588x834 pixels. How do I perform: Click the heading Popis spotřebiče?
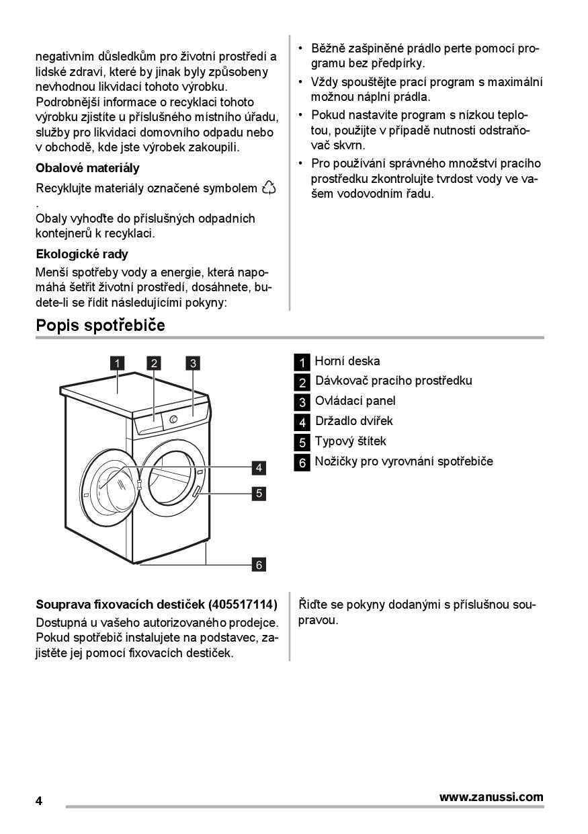[x=100, y=326]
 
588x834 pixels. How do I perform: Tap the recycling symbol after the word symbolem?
[x=269, y=188]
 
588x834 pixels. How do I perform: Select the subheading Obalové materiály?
[x=87, y=168]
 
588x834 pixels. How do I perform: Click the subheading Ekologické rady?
[x=81, y=254]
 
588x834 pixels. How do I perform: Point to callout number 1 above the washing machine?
[x=117, y=364]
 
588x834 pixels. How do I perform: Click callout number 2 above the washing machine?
[x=155, y=364]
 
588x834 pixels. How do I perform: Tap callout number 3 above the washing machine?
[x=193, y=364]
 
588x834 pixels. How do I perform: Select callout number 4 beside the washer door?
[x=259, y=467]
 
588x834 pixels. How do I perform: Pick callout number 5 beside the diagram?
[x=259, y=493]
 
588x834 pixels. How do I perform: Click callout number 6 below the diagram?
[x=259, y=564]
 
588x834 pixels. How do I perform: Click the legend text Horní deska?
[x=347, y=361]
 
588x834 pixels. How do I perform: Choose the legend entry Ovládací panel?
[x=355, y=401]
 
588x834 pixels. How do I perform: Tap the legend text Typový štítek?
[x=350, y=441]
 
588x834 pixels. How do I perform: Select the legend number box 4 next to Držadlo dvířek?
[x=302, y=422]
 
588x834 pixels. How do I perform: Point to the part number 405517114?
[x=243, y=604]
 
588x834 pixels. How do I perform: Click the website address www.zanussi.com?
[x=491, y=797]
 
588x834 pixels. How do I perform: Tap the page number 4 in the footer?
[x=39, y=801]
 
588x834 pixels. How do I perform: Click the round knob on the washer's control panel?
[x=175, y=420]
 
